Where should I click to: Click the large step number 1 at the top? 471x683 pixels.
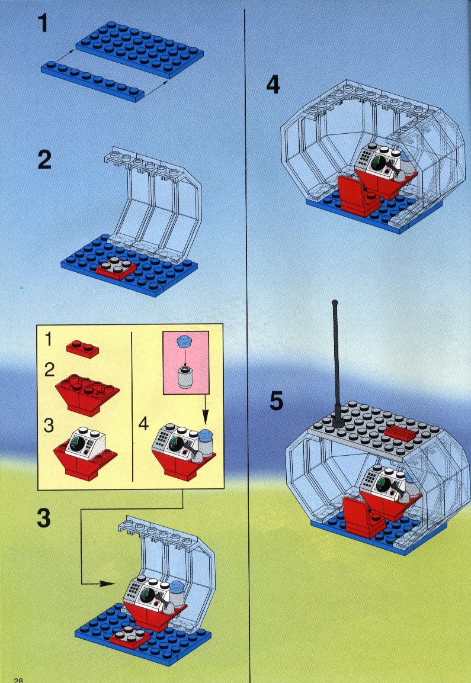[43, 23]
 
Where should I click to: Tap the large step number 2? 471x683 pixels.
[44, 160]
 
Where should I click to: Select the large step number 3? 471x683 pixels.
[44, 518]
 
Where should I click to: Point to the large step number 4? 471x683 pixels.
[273, 85]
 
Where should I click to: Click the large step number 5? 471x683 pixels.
[276, 401]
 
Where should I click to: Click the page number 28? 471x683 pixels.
[18, 679]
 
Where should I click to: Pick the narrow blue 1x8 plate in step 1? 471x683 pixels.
[92, 81]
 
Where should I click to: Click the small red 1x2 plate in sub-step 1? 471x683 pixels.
[82, 349]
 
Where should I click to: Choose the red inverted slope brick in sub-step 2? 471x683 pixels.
[87, 394]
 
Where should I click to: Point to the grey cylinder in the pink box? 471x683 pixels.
[185, 378]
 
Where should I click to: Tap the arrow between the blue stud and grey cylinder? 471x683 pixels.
[184, 357]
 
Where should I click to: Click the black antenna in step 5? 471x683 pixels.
[336, 362]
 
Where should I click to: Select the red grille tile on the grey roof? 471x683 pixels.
[399, 433]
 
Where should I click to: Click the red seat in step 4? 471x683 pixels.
[358, 196]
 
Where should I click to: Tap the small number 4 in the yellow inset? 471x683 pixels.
[143, 423]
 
